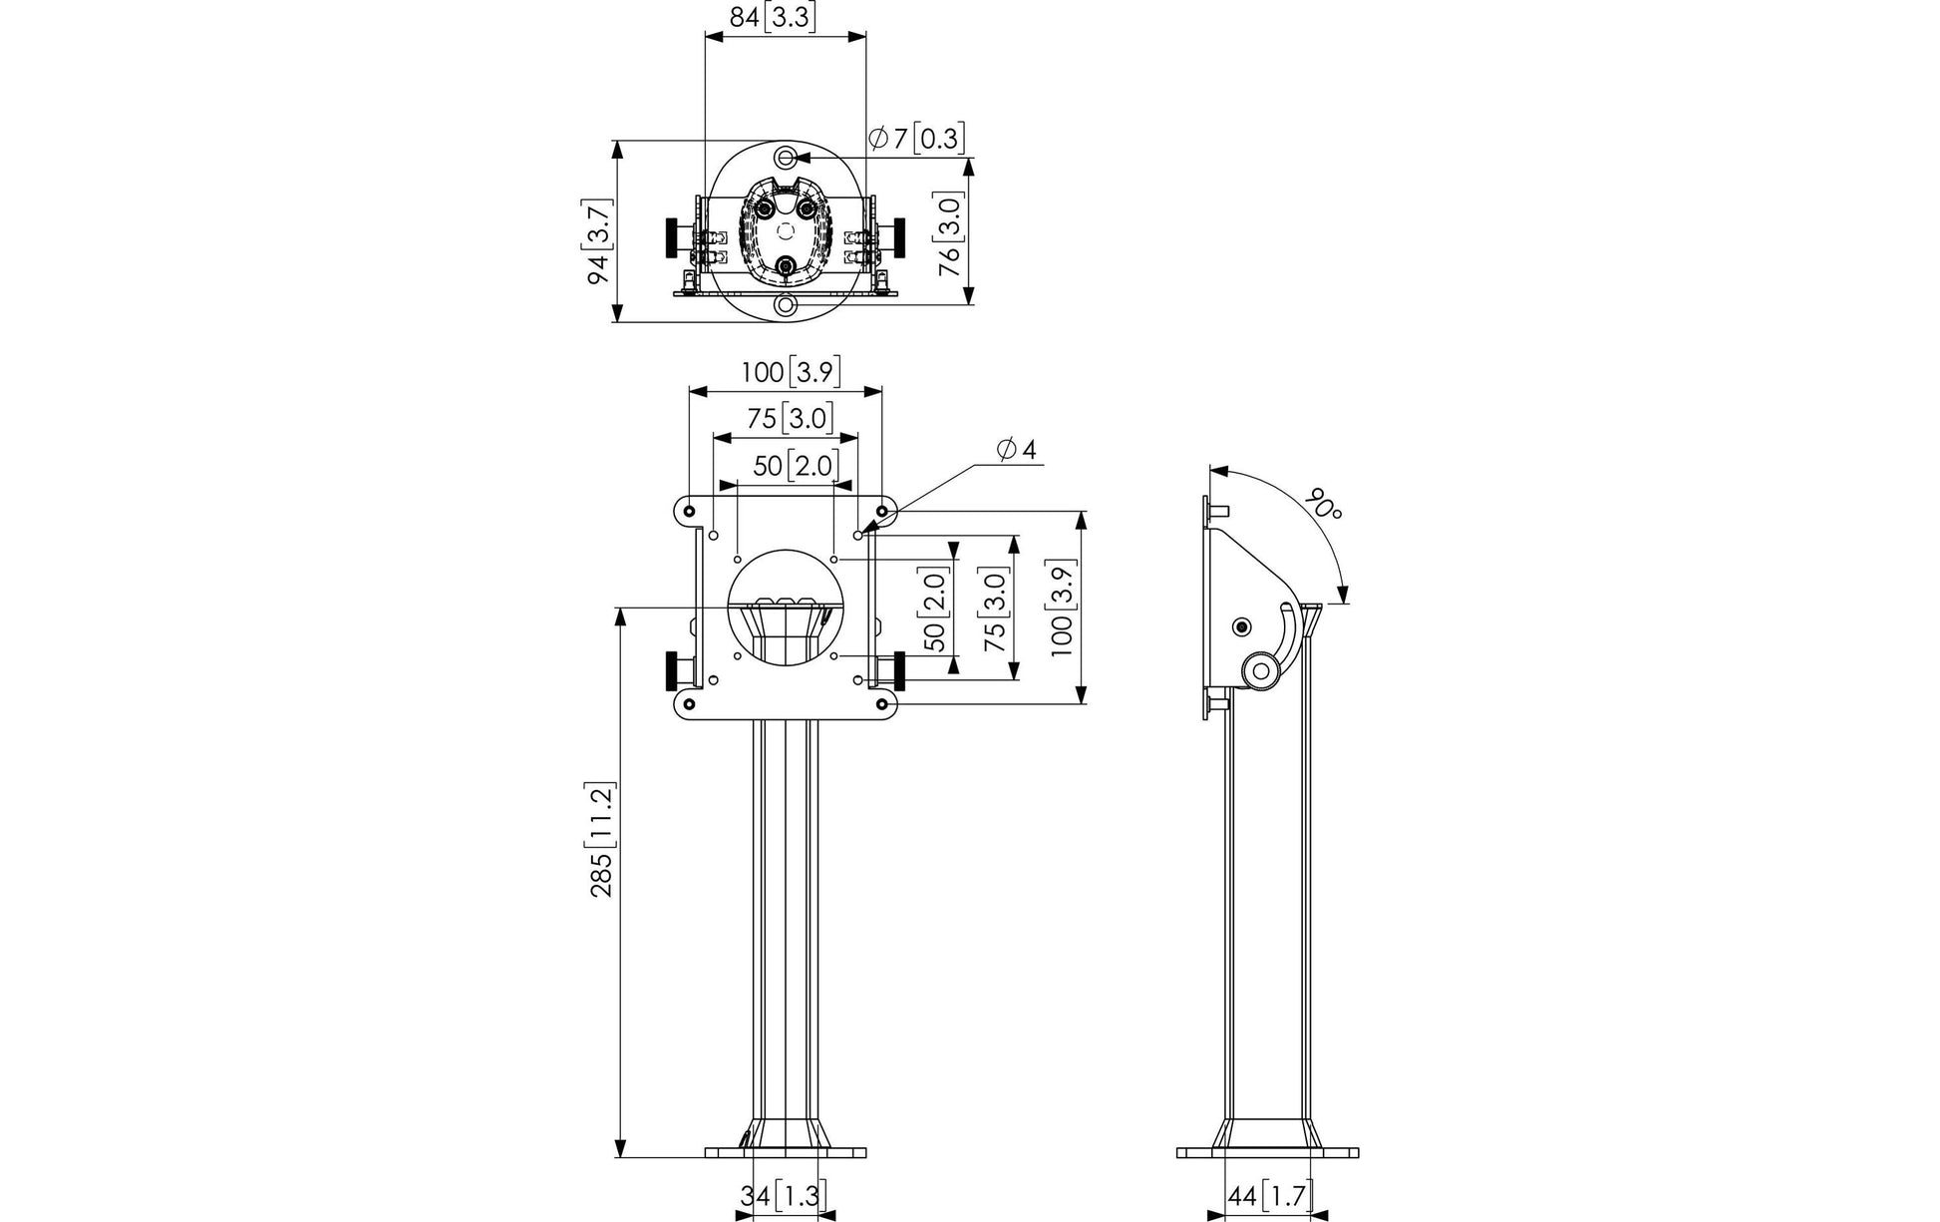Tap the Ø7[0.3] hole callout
(916, 138)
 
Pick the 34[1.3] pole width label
(784, 1195)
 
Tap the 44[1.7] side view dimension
(1270, 1195)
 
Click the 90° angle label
(1326, 504)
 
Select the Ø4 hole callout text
(1016, 450)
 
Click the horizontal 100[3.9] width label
(791, 372)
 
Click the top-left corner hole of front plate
(690, 511)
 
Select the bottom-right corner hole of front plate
(882, 704)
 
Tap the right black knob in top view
(900, 235)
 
